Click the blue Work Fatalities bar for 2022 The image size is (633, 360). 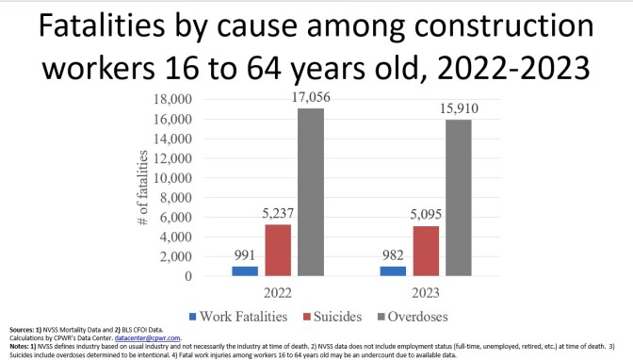246,270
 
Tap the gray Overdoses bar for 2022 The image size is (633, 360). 312,192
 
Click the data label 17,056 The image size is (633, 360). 312,99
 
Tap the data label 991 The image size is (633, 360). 246,256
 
